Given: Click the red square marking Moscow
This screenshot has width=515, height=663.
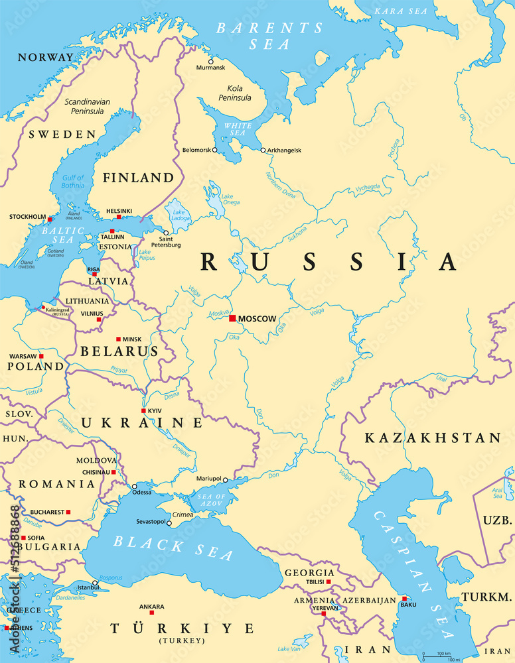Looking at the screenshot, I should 232,319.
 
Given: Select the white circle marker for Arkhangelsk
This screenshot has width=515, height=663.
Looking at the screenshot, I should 263,151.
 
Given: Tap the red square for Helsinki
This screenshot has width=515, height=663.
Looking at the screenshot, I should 119,217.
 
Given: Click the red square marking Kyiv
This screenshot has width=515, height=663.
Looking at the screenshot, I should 143,411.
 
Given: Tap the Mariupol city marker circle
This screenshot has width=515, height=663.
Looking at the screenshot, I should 226,479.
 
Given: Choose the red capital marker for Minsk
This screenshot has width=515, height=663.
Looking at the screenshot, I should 118,339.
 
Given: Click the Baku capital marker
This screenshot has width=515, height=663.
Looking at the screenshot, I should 404,598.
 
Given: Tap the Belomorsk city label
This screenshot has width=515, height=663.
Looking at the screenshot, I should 196,151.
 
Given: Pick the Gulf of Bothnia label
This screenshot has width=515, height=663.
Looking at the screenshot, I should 72,182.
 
